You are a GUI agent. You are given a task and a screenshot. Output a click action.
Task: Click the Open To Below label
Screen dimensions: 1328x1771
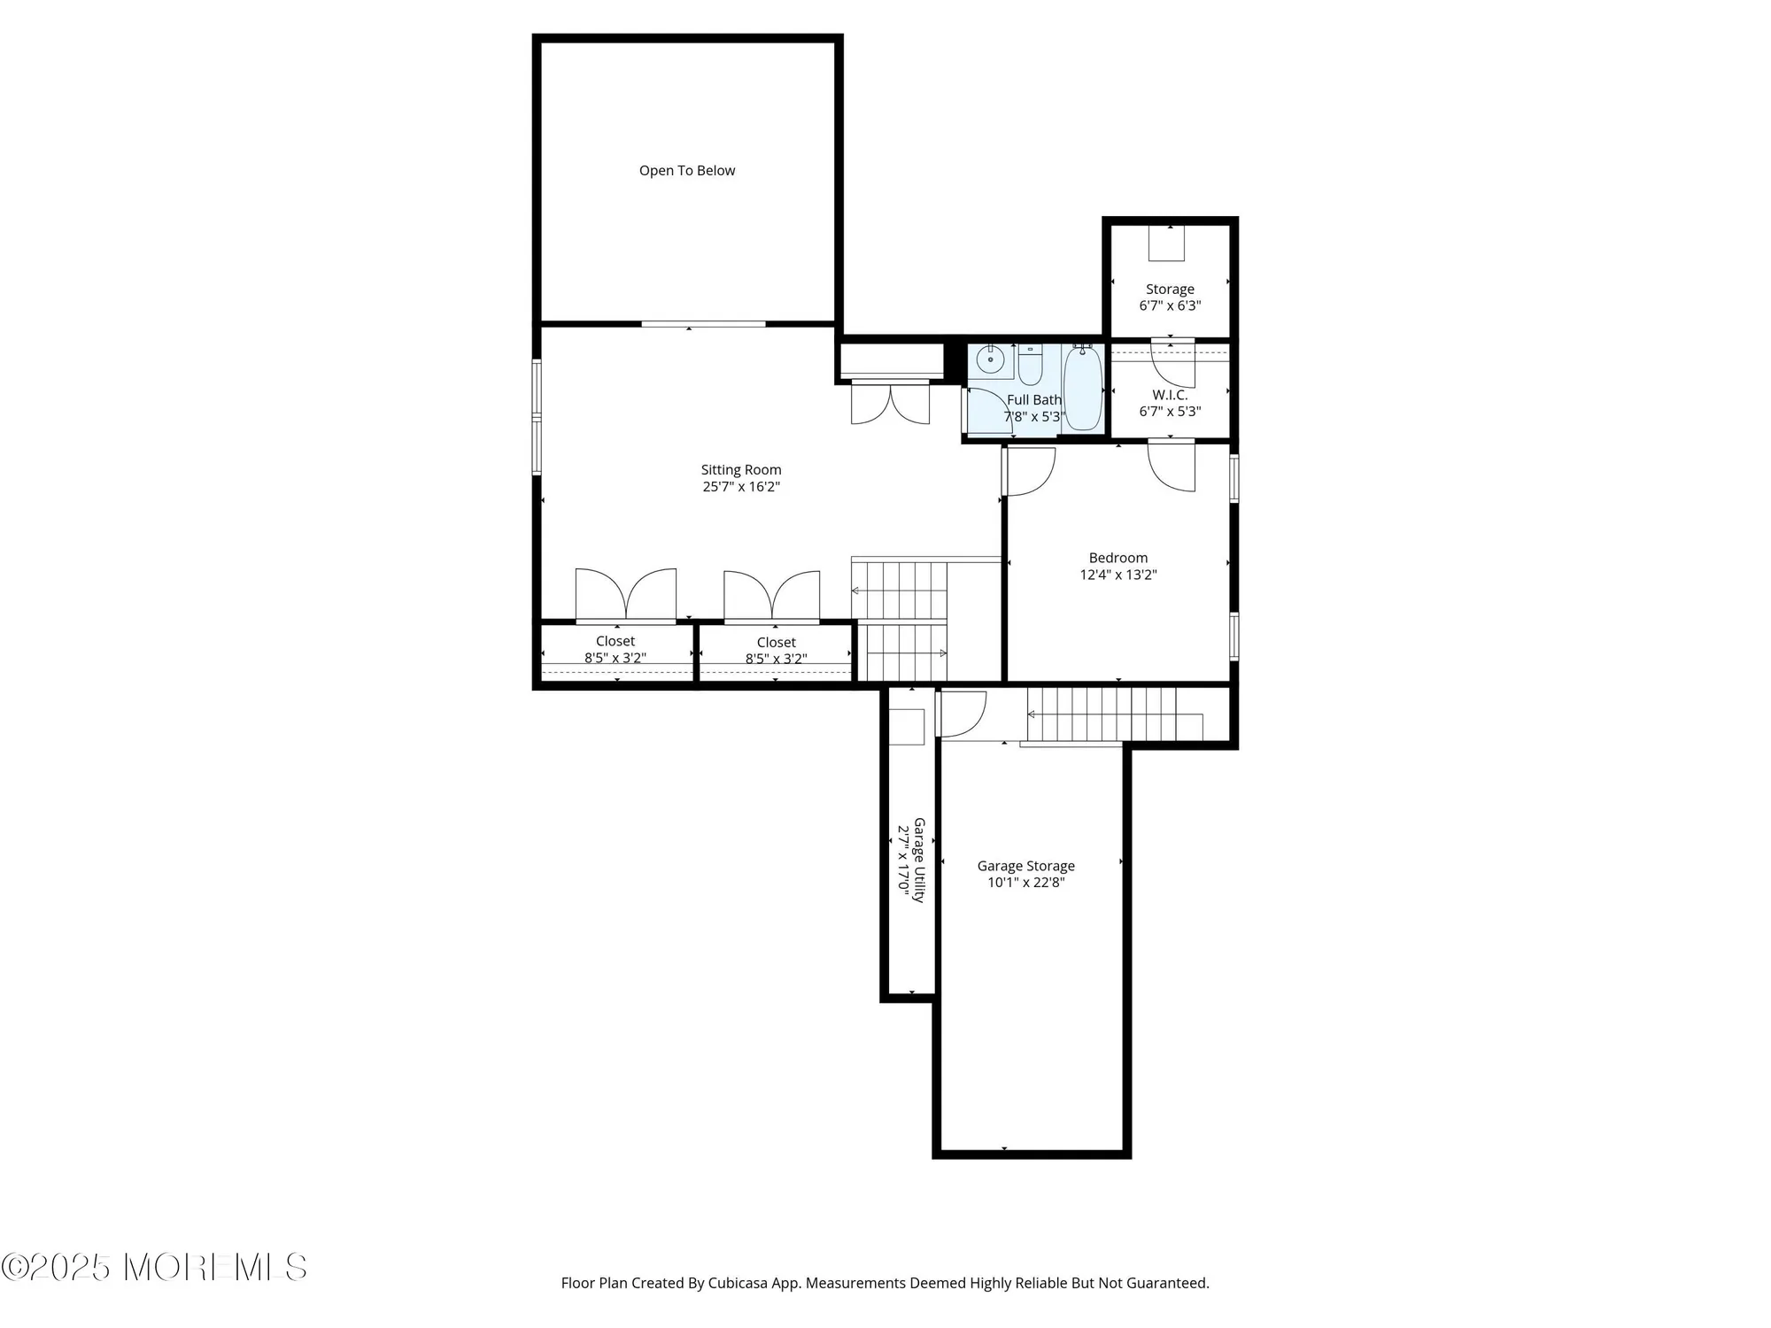tap(687, 171)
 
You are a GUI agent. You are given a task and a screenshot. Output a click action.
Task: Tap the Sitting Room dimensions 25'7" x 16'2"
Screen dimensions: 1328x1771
tap(741, 487)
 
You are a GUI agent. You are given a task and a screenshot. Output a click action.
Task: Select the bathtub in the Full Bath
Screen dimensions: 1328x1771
tap(1082, 389)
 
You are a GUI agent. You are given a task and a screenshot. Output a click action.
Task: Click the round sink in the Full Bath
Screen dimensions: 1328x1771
tap(990, 359)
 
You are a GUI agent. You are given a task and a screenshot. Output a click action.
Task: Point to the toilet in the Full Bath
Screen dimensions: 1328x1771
tap(1030, 365)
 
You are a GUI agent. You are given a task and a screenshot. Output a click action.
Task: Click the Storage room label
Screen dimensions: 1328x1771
tap(1170, 290)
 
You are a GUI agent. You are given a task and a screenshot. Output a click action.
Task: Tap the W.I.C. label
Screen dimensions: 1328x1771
tap(1170, 395)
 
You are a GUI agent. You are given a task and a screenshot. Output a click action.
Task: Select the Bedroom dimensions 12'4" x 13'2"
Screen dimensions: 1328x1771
tap(1118, 575)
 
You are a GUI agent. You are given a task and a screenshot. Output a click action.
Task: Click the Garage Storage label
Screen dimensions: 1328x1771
tap(1025, 866)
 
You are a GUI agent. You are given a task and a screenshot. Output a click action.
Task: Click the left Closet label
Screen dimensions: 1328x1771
tap(615, 641)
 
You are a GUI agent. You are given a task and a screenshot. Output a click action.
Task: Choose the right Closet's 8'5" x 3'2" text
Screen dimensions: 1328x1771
tap(776, 659)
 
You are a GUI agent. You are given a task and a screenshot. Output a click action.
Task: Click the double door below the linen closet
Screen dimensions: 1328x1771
tap(890, 403)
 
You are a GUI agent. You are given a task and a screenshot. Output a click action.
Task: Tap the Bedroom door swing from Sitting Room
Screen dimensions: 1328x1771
tap(1030, 472)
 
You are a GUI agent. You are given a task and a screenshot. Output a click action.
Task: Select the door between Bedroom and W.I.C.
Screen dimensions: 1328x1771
tap(1172, 467)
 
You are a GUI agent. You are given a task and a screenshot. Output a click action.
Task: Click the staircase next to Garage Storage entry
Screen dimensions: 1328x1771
tap(1114, 714)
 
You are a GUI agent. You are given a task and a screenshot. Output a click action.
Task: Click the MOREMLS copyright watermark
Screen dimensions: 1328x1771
tap(154, 1268)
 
